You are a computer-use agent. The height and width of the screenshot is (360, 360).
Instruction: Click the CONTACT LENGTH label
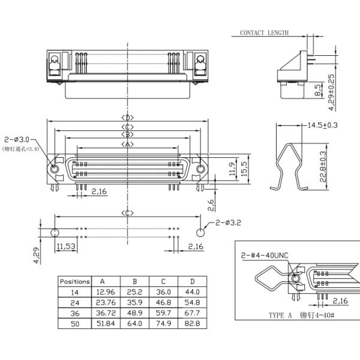264,33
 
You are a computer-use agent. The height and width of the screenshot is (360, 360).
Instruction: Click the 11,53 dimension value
65,247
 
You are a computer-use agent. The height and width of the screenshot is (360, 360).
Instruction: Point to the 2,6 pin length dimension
211,206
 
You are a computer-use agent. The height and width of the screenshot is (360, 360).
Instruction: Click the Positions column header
74,281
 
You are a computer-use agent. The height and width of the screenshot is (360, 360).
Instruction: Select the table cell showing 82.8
193,324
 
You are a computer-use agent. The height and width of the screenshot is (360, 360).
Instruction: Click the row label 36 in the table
74,313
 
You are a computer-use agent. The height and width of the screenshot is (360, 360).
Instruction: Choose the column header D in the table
193,281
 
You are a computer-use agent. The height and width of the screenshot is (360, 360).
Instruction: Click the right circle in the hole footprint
200,232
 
